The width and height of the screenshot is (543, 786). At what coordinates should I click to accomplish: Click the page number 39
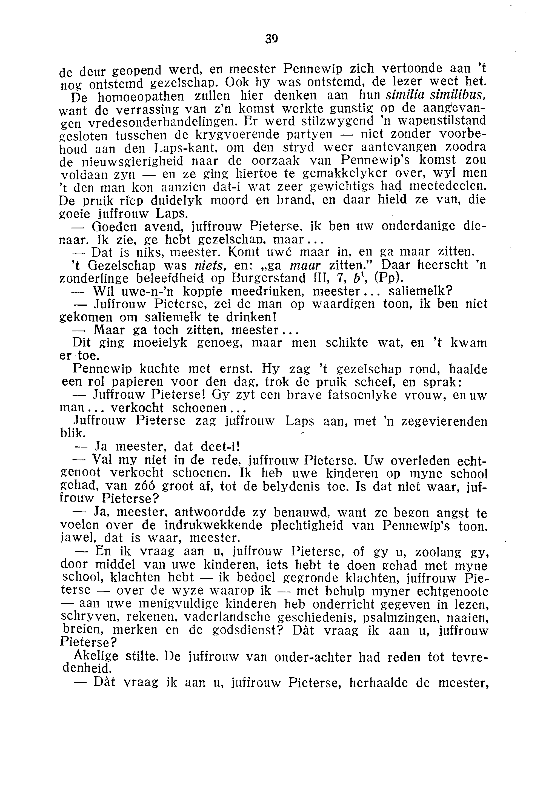tap(271, 39)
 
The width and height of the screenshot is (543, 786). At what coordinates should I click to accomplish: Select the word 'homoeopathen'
tap(141, 97)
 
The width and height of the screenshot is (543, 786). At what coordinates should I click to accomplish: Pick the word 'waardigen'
tap(343, 304)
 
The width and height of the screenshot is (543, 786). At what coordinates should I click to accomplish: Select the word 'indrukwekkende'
tap(213, 526)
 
